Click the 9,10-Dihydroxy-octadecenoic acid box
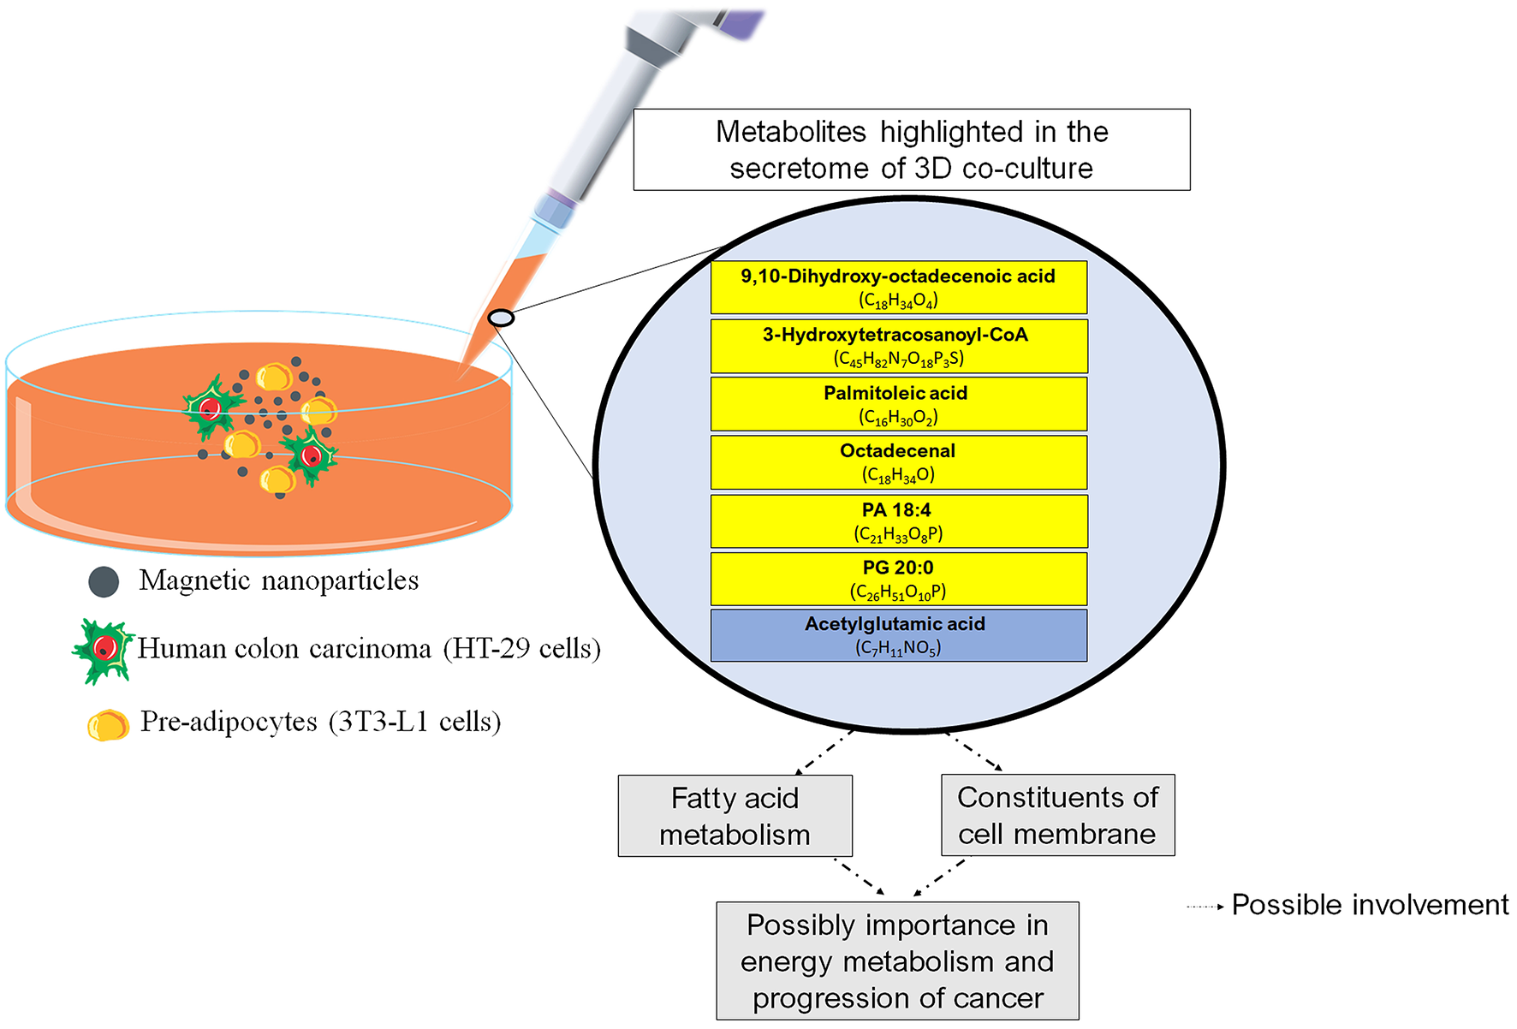pyautogui.click(x=898, y=288)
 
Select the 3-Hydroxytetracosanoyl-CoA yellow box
pyautogui.click(x=898, y=346)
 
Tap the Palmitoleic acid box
pyautogui.click(x=898, y=404)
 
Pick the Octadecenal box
pyautogui.click(x=898, y=462)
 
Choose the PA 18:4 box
pyautogui.click(x=898, y=520)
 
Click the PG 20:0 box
pyautogui.click(x=898, y=579)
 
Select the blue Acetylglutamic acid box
pyautogui.click(x=898, y=635)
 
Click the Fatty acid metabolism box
pyautogui.click(x=735, y=816)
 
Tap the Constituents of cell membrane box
pyautogui.click(x=1057, y=815)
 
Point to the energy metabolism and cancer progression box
pyautogui.click(x=897, y=961)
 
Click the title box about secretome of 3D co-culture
pyautogui.click(x=911, y=150)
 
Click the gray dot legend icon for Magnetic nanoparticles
pyautogui.click(x=104, y=582)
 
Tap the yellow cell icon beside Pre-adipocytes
pyautogui.click(x=108, y=725)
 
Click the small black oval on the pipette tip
pyautogui.click(x=501, y=318)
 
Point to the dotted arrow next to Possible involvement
pyautogui.click(x=1205, y=907)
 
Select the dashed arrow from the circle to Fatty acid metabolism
pyautogui.click(x=824, y=752)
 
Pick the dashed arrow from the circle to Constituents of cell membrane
pyautogui.click(x=974, y=752)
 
